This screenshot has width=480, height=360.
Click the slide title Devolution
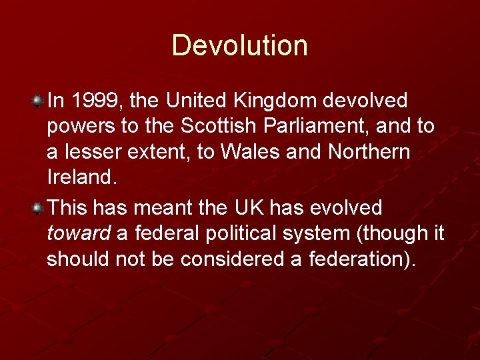click(x=240, y=45)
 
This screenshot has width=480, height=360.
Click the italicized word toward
click(x=79, y=234)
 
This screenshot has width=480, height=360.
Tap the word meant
click(x=163, y=208)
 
